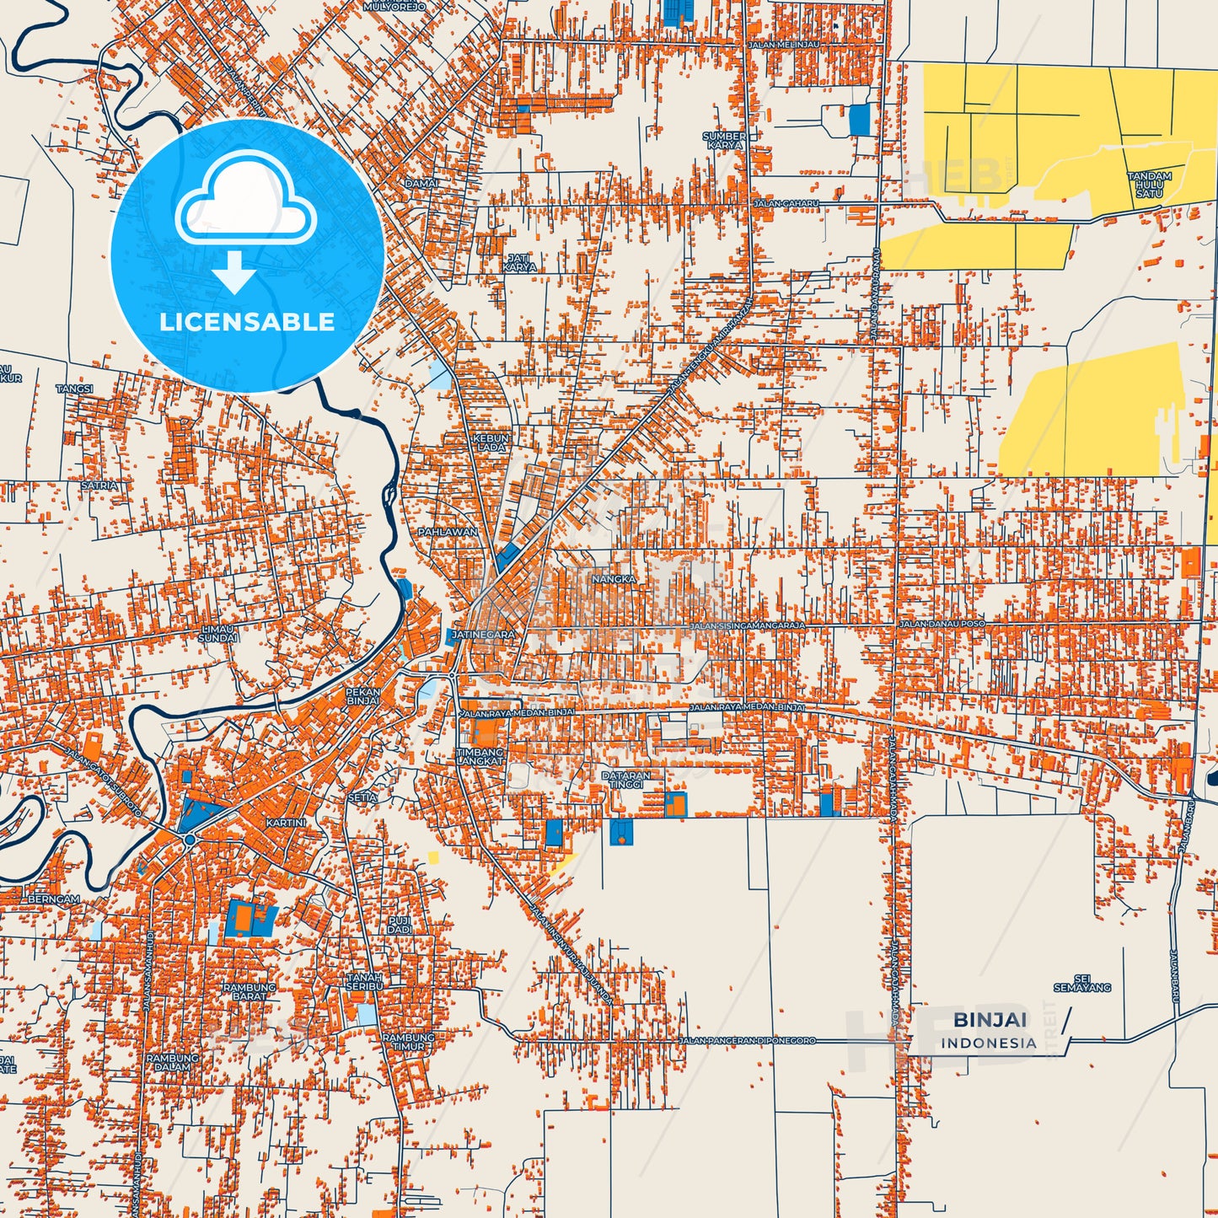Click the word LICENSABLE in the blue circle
[x=247, y=322]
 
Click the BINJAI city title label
[x=990, y=1020]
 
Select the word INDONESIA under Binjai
[x=989, y=1043]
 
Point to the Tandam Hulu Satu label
[x=1150, y=185]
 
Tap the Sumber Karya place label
[x=724, y=140]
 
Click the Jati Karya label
[x=519, y=263]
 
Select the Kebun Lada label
[x=491, y=443]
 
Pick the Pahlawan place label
[x=448, y=533]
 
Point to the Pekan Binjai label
[x=363, y=696]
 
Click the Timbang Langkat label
[x=480, y=756]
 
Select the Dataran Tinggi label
[x=626, y=780]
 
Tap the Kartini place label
[x=285, y=822]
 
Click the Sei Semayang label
[x=1082, y=983]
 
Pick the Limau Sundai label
[x=217, y=634]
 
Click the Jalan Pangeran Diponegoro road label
[x=748, y=1041]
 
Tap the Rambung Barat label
[x=249, y=991]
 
